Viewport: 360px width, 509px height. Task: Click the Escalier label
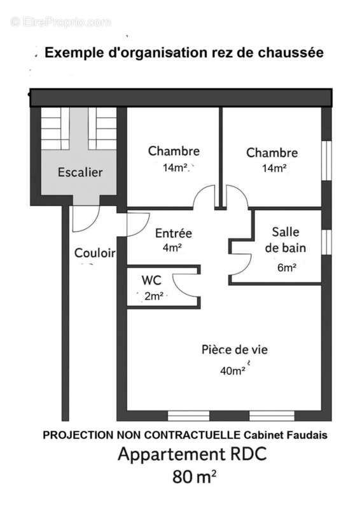pyautogui.click(x=80, y=172)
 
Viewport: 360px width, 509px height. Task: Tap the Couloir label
pyautogui.click(x=95, y=253)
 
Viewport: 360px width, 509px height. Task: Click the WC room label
pyautogui.click(x=151, y=280)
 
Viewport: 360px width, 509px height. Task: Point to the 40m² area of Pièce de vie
pyautogui.click(x=233, y=370)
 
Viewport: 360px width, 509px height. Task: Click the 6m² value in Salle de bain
pyautogui.click(x=286, y=268)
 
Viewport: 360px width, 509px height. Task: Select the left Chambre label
pyautogui.click(x=174, y=151)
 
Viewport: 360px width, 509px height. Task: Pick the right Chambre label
pyautogui.click(x=272, y=153)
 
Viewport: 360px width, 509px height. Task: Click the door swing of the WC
pyautogui.click(x=186, y=284)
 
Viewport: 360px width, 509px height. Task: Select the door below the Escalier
pyautogui.click(x=85, y=218)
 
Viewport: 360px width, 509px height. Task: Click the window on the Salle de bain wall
pyautogui.click(x=326, y=242)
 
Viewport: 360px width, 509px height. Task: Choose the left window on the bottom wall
pyautogui.click(x=188, y=415)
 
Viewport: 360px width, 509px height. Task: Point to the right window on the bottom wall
pyautogui.click(x=272, y=415)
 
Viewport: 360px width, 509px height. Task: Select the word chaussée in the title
pyautogui.click(x=292, y=53)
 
